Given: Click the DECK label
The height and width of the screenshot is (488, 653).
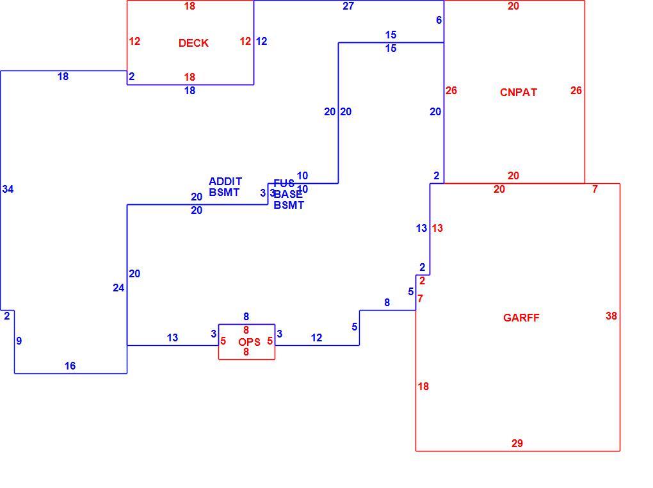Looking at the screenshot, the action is click(193, 43).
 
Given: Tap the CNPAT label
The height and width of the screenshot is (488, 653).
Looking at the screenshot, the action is click(518, 92).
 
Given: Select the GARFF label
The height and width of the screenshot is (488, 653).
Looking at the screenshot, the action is click(521, 318).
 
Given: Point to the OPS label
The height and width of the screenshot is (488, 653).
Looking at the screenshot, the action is click(249, 342).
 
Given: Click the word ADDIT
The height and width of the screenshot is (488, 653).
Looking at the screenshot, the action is click(225, 181).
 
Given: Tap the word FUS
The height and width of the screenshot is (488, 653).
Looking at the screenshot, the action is click(284, 183).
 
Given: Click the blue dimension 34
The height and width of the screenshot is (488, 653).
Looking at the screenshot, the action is click(8, 189).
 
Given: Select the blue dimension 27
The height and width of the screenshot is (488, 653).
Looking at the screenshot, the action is click(348, 6).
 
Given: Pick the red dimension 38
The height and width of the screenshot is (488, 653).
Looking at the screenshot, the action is click(611, 316).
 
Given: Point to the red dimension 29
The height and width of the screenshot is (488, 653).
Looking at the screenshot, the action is click(517, 443).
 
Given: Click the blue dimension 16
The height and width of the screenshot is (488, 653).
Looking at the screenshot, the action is click(70, 366).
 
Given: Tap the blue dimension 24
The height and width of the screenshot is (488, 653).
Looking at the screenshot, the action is click(118, 288).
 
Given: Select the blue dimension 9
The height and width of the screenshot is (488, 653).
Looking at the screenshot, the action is click(19, 341).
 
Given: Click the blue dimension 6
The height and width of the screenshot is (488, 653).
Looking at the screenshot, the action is click(439, 20).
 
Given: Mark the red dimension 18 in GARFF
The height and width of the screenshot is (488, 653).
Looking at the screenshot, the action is click(423, 386).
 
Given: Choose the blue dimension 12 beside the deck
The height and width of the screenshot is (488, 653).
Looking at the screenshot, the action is click(261, 41).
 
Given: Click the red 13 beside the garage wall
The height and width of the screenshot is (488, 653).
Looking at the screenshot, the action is click(437, 229).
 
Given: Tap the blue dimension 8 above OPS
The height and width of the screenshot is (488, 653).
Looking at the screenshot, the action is click(246, 317).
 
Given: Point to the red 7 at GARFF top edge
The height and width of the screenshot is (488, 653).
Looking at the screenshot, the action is click(595, 189).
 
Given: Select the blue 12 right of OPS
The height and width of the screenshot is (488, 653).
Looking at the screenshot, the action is click(316, 338).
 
